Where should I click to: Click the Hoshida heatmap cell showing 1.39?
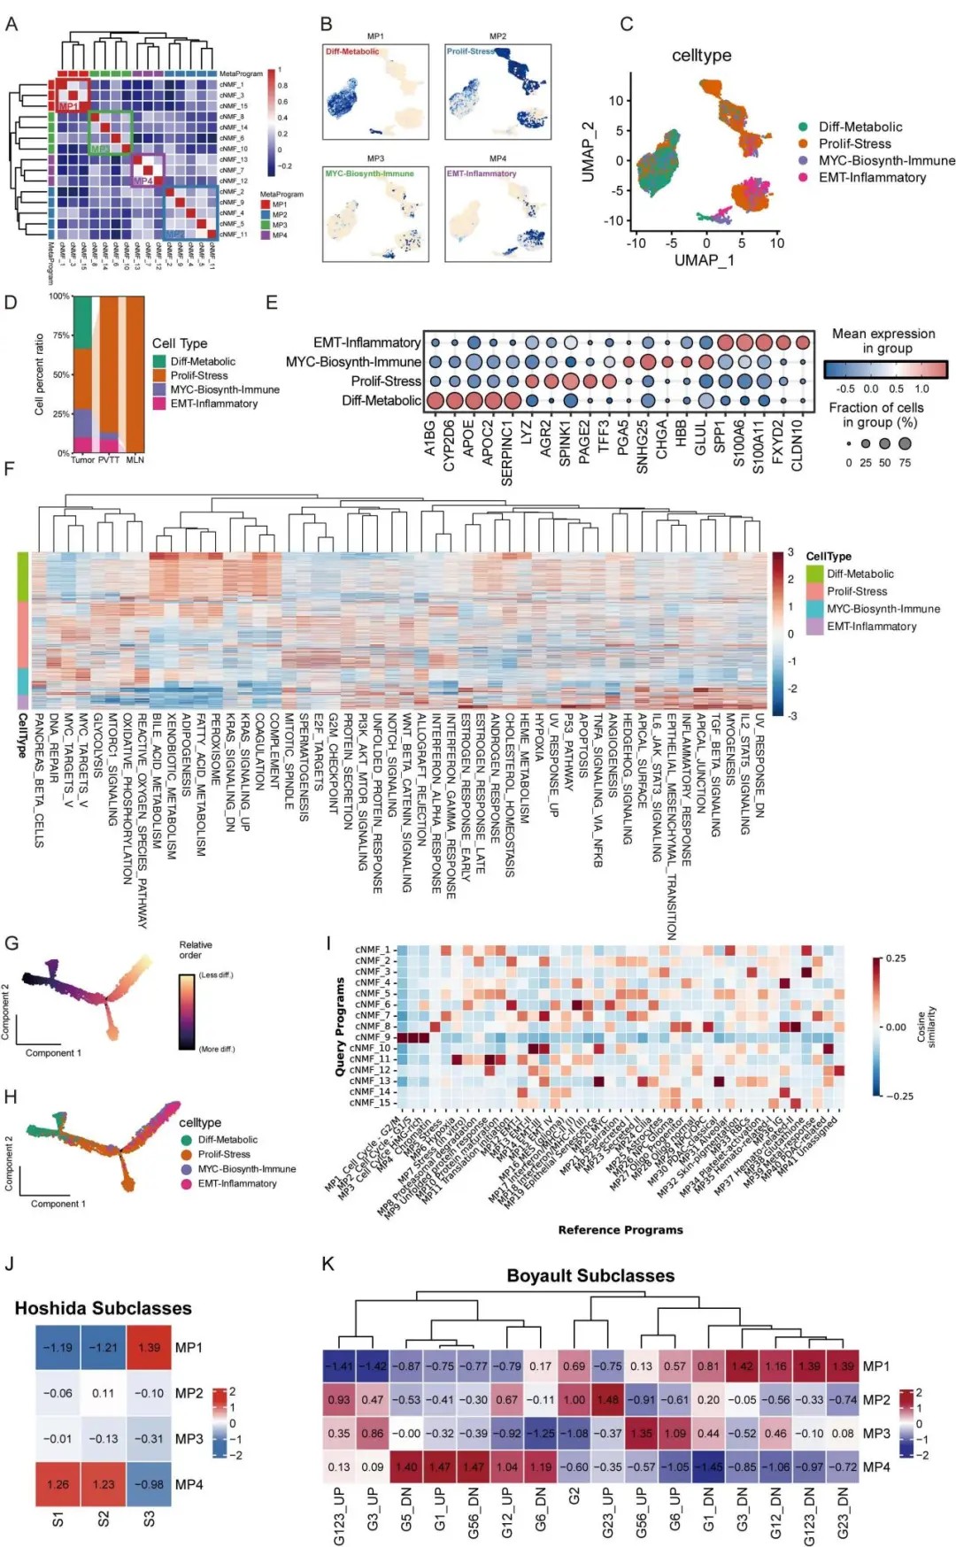pyautogui.click(x=149, y=1347)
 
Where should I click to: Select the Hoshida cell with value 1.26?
pyautogui.click(x=58, y=1484)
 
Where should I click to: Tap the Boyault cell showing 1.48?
pyautogui.click(x=607, y=1399)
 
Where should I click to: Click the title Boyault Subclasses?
pyautogui.click(x=590, y=1275)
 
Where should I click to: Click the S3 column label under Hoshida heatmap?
pyautogui.click(x=149, y=1519)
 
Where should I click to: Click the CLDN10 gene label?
pyautogui.click(x=798, y=445)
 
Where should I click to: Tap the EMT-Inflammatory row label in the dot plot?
pyautogui.click(x=366, y=342)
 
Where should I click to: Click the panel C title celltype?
pyautogui.click(x=701, y=55)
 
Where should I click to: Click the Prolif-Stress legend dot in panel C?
pyautogui.click(x=803, y=143)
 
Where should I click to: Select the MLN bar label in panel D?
pyautogui.click(x=135, y=460)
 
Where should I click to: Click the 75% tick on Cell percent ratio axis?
pyautogui.click(x=60, y=335)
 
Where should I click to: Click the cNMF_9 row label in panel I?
pyautogui.click(x=372, y=1036)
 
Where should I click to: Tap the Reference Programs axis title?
pyautogui.click(x=621, y=1230)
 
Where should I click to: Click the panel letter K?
pyautogui.click(x=328, y=1264)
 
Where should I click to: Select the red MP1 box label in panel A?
pyautogui.click(x=68, y=106)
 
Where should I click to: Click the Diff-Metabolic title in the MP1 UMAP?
pyautogui.click(x=352, y=51)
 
